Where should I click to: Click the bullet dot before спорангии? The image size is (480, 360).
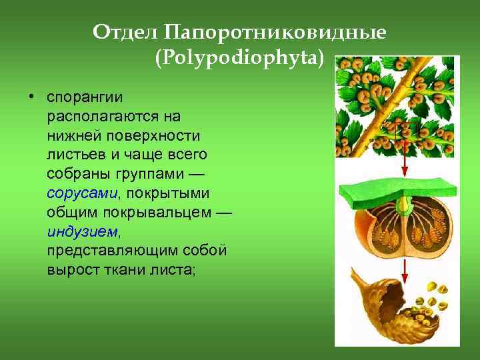coord(31,97)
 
